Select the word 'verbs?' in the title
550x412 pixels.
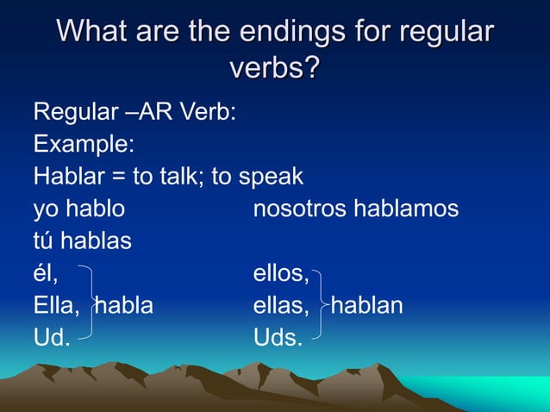pos(274,67)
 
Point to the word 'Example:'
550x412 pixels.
pos(83,144)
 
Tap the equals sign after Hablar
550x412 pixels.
pos(118,177)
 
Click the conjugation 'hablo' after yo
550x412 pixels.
pos(96,209)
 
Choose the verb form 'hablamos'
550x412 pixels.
pos(409,209)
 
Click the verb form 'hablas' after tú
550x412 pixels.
pos(98,241)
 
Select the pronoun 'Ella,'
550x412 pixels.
pos(57,306)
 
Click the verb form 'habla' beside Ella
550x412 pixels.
pos(124,306)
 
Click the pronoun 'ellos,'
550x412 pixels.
pos(281,274)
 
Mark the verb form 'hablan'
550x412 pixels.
pos(368,306)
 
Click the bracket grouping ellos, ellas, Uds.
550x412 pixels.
pos(320,305)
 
